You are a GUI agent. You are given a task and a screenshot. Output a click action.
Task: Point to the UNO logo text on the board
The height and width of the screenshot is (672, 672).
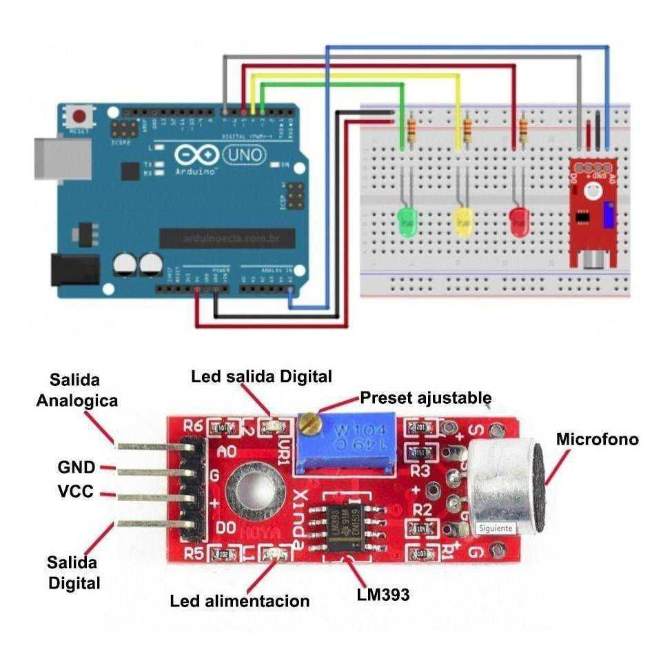pos(245,156)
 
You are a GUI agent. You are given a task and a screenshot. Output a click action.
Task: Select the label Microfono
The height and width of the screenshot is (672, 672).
pos(597,439)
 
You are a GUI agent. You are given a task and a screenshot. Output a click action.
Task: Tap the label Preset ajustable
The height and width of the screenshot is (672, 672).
pos(426,398)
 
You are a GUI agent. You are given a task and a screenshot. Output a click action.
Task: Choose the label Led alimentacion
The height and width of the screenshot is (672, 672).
pos(239,601)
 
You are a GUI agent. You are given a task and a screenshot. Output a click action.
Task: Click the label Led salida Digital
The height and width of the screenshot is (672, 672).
pos(261,376)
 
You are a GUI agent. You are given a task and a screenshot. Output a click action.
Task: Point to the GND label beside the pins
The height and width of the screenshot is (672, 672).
pos(76,467)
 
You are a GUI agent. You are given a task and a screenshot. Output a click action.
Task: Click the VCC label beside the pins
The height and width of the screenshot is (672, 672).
pos(76,493)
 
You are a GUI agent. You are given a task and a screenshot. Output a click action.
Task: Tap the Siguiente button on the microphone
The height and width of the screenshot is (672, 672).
pos(495,528)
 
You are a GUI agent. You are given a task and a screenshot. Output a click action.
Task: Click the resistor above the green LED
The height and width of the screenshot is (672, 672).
pos(412,130)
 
